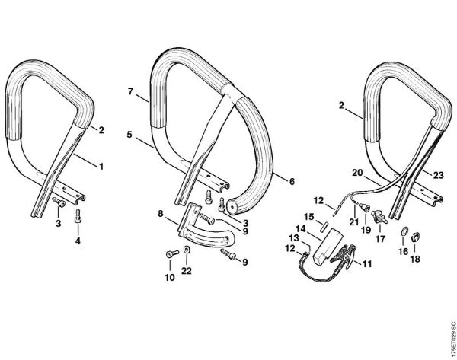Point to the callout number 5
[x=130, y=134]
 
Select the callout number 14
[x=302, y=228]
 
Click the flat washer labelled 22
[x=187, y=251]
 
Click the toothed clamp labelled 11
[x=345, y=256]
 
